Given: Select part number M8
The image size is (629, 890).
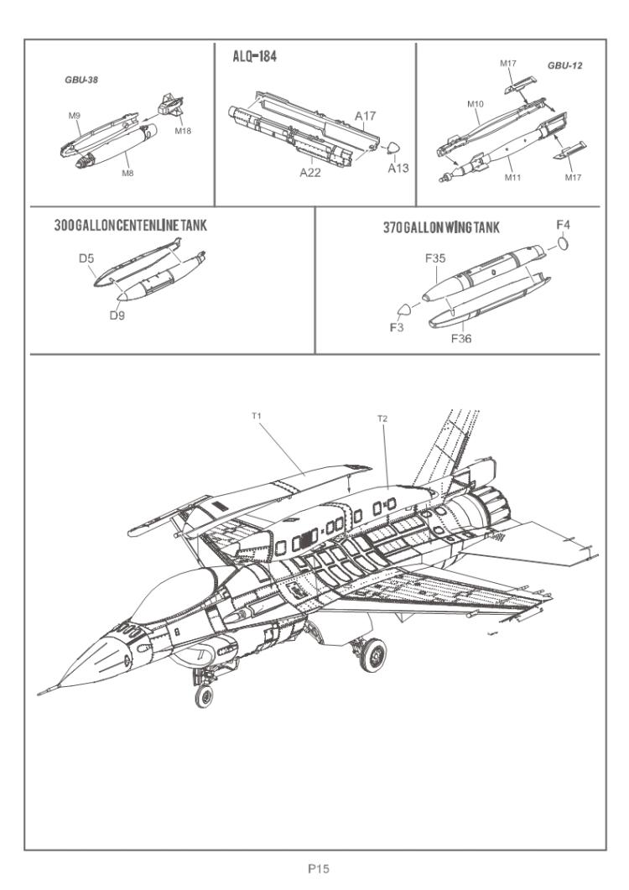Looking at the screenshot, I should point(128,173).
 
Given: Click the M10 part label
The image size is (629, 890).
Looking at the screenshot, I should point(476,104).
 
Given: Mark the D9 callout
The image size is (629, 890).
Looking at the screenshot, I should point(116,315).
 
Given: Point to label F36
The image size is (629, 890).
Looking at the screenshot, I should point(463,338).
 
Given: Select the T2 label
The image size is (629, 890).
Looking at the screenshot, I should point(382,417).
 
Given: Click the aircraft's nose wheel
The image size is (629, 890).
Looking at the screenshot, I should point(202,695).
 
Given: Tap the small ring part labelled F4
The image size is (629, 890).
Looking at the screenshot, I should point(564,243).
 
